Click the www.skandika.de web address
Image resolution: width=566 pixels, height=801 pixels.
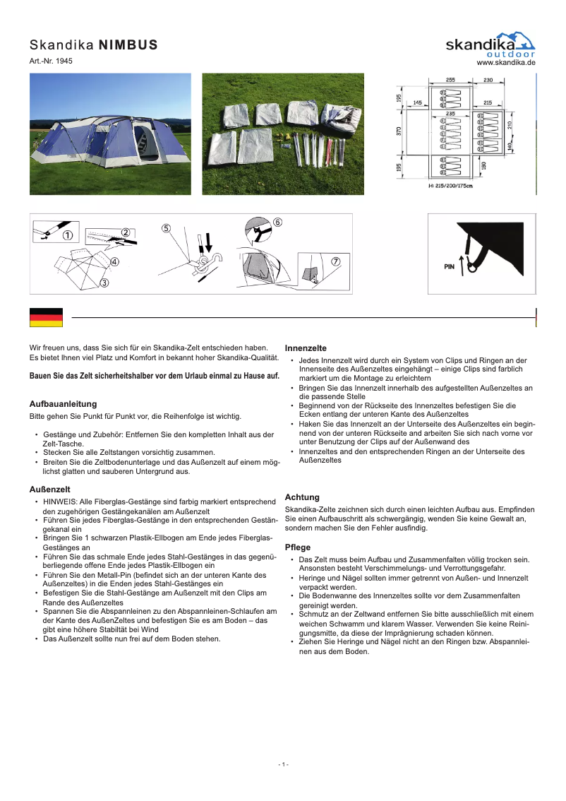point(506,62)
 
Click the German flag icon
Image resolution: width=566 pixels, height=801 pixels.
point(46,318)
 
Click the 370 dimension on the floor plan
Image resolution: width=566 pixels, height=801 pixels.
point(399,131)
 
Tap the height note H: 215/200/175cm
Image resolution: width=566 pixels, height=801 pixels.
point(450,186)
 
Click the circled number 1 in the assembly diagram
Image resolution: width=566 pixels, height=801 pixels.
point(68,235)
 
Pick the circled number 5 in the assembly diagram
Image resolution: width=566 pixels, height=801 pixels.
point(166,228)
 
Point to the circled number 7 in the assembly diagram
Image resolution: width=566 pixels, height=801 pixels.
point(336,261)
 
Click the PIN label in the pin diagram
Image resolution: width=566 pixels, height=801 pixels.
point(449,268)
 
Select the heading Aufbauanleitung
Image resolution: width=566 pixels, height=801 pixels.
point(63,403)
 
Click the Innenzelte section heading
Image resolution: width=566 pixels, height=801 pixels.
point(305,348)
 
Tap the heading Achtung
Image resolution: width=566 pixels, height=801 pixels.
point(301,497)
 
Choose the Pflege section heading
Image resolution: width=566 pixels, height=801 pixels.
point(297,547)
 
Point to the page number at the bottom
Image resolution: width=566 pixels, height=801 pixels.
point(283,764)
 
